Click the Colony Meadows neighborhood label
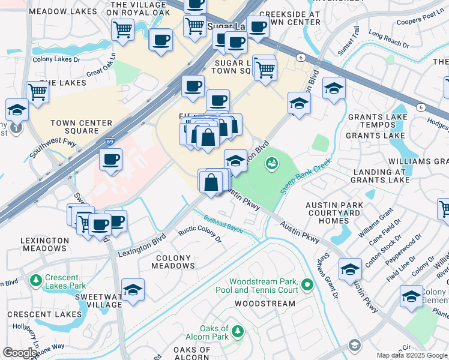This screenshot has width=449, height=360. pyautogui.click(x=174, y=262)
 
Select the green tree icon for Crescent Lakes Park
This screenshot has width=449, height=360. pyautogui.click(x=35, y=280)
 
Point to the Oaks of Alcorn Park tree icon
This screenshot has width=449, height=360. pyautogui.click(x=238, y=331)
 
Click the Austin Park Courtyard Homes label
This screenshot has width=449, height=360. pyautogui.click(x=334, y=212)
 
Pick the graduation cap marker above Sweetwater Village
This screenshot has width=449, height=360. pyautogui.click(x=133, y=290)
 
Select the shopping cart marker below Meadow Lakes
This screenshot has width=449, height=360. pyautogui.click(x=122, y=29)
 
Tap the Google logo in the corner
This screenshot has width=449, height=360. pyautogui.click(x=20, y=353)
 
